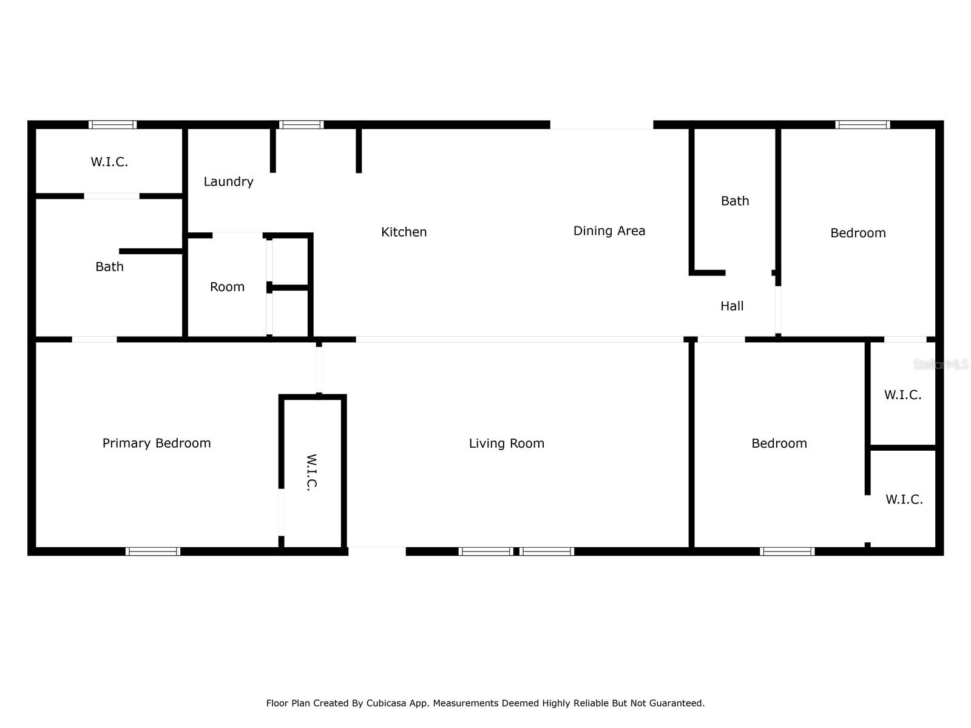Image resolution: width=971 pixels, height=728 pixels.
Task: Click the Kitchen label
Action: point(404,232)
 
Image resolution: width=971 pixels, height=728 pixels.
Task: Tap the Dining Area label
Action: point(609,231)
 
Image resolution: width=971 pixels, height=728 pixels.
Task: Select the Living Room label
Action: point(506,443)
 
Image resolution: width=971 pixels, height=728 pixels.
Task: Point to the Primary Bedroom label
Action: point(157,443)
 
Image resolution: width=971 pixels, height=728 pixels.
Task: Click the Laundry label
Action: point(228,181)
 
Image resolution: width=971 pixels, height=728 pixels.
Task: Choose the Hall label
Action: point(732,306)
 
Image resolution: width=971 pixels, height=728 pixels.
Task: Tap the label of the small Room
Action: point(227,287)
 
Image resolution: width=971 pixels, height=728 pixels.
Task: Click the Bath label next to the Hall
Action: point(735,201)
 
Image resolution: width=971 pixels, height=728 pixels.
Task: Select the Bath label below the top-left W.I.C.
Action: point(109,266)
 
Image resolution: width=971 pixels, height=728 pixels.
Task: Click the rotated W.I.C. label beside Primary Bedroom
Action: point(311,472)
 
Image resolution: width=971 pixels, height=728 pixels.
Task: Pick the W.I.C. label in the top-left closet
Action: point(109,162)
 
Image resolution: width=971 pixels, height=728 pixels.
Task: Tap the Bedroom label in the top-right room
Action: point(858,233)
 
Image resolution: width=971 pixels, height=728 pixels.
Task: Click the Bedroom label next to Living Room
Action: point(779,443)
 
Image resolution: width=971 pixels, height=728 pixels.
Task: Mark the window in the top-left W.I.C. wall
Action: point(112,125)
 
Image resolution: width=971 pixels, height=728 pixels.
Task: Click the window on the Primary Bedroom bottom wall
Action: point(153,551)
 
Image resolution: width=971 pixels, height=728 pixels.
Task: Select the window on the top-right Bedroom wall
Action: point(862,125)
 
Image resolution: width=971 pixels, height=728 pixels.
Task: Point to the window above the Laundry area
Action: point(301,125)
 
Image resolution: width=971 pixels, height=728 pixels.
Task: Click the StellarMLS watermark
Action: point(941,365)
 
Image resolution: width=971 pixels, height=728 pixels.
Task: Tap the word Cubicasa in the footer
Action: point(388,703)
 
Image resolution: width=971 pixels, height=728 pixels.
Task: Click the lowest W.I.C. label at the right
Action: point(904,499)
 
